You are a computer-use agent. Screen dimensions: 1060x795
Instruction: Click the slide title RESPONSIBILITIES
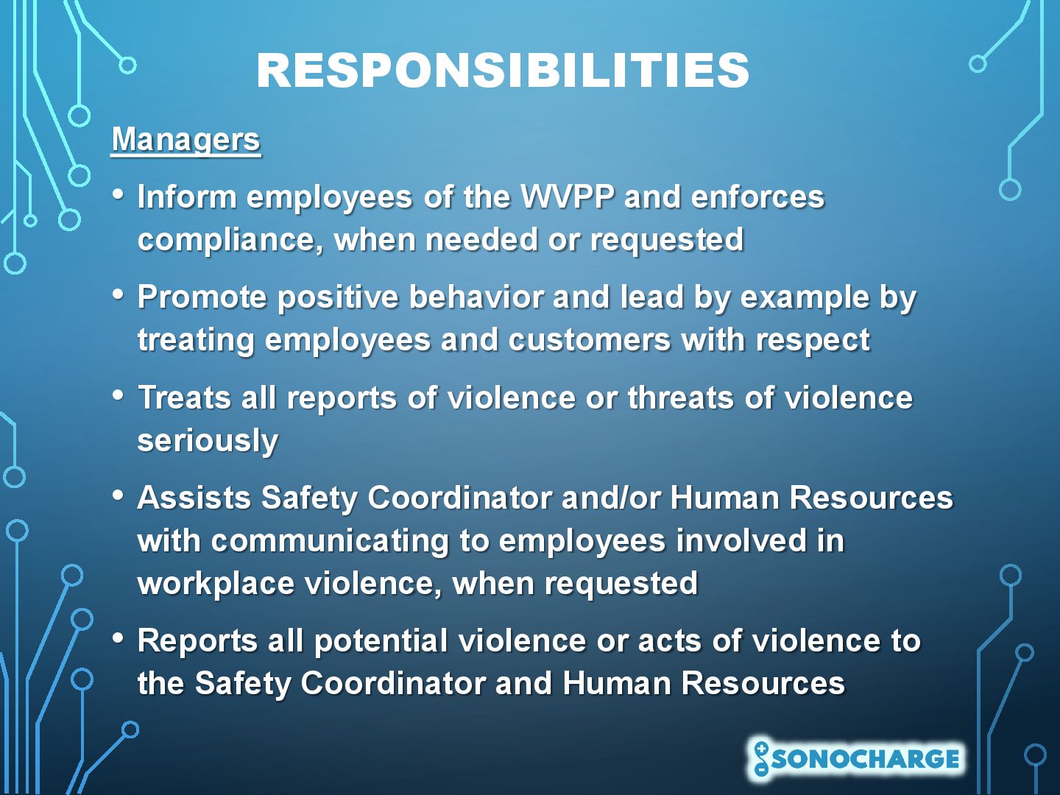[503, 71]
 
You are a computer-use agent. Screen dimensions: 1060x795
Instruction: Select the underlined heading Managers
[186, 141]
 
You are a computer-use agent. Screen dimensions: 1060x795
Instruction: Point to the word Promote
[202, 297]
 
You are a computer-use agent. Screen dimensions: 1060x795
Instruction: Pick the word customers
[589, 340]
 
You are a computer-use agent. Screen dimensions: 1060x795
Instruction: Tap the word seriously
[208, 441]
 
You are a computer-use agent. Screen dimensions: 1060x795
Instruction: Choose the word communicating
[330, 541]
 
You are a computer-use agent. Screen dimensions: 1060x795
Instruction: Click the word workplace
[216, 584]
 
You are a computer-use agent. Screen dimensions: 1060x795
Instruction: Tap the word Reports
[197, 641]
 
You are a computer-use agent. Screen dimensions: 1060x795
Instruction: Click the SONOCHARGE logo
[855, 759]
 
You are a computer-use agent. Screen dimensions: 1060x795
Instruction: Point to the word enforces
[757, 197]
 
